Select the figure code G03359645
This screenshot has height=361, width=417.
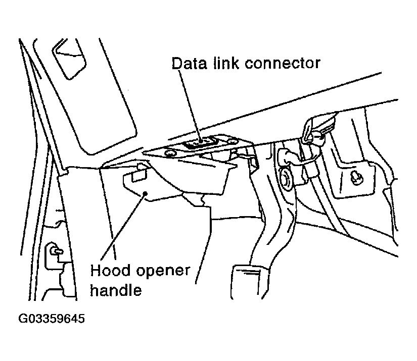coord(52,319)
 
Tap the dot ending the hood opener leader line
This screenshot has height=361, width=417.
coord(146,193)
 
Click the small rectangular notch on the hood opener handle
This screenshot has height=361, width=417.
coord(136,175)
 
